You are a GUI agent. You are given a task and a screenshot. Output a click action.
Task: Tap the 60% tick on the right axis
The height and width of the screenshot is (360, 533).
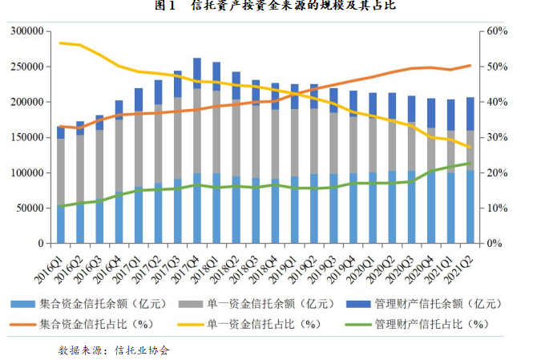[497, 31]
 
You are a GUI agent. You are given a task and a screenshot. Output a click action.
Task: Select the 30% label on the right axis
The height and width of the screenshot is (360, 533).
[497, 137]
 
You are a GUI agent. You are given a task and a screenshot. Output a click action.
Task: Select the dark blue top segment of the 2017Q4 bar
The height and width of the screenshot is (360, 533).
[197, 73]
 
